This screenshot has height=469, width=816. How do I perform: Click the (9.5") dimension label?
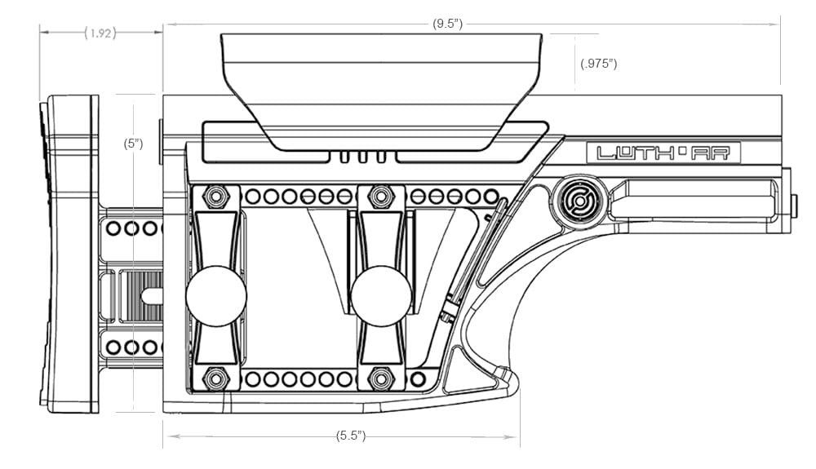[447, 24]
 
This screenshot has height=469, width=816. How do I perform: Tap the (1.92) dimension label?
[100, 33]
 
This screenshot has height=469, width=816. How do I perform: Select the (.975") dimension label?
[598, 64]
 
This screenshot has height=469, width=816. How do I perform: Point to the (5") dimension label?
[133, 144]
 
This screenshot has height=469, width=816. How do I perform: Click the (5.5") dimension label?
[351, 436]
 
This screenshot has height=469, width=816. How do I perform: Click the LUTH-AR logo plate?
[663, 153]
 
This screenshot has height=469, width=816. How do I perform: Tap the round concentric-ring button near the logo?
[579, 201]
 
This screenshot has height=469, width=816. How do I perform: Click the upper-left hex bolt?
[215, 197]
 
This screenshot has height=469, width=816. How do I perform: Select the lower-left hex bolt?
[215, 378]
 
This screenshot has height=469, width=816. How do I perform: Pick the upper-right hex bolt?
[381, 197]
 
